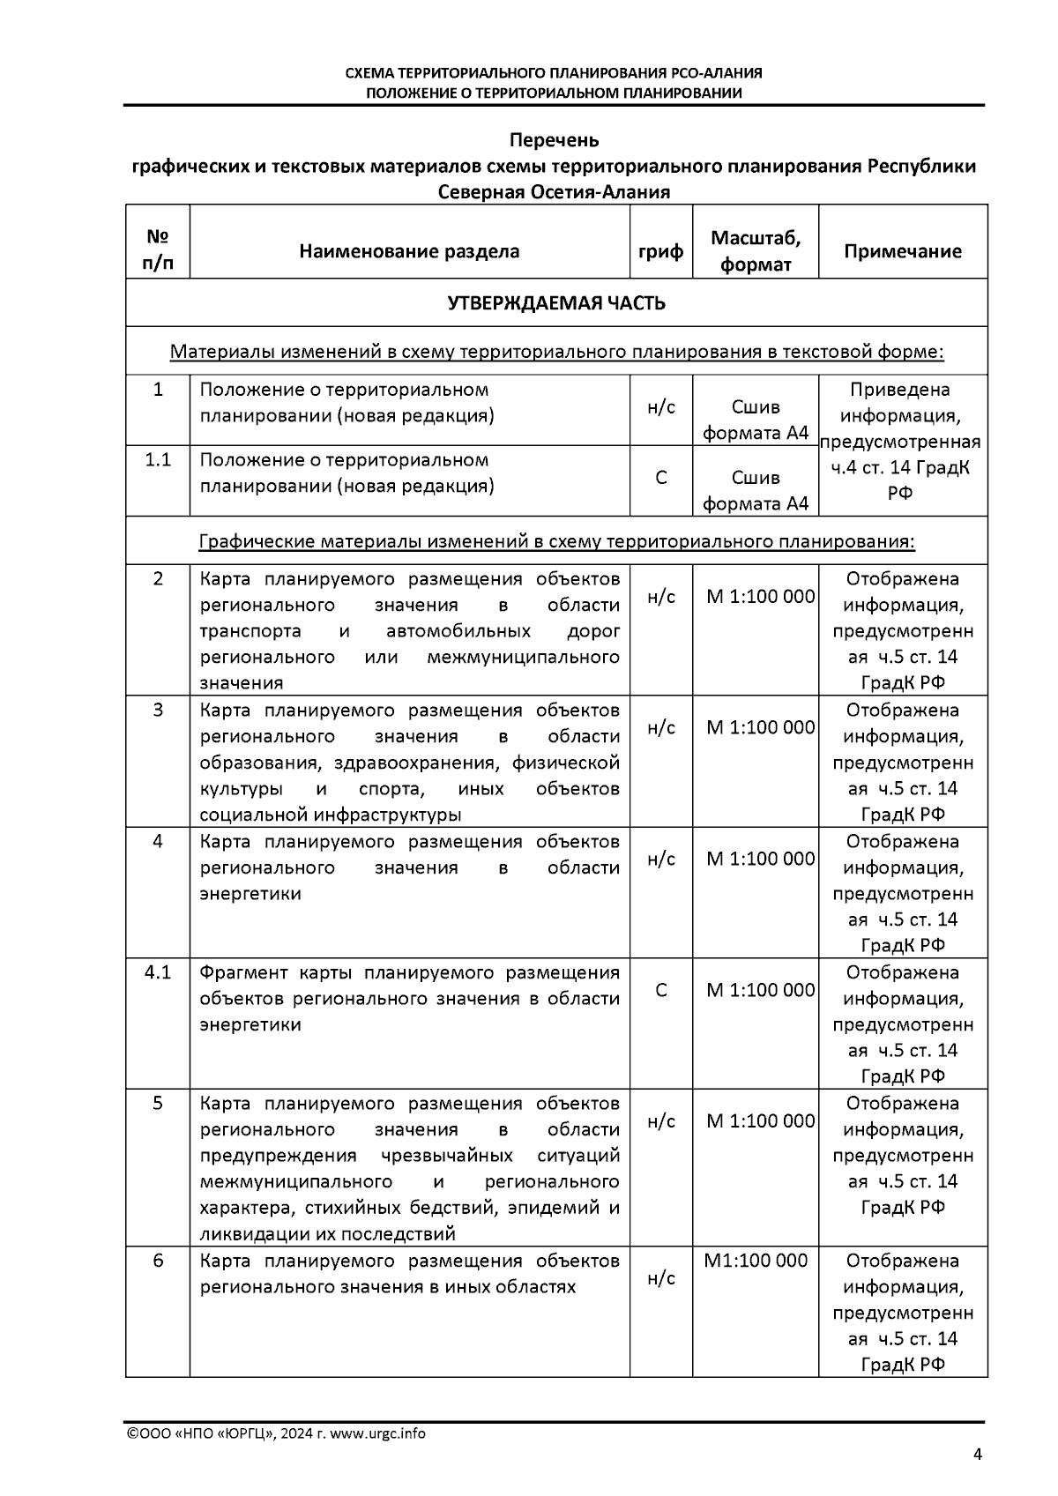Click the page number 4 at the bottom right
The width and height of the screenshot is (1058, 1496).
[977, 1455]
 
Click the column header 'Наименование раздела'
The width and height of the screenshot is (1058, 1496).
[409, 251]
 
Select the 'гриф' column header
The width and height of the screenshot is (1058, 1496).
[660, 251]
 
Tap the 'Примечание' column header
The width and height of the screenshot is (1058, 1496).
[902, 251]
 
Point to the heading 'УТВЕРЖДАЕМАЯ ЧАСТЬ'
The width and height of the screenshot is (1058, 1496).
[556, 303]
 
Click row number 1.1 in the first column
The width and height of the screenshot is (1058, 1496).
[158, 459]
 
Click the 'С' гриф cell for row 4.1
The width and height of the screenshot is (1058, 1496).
[660, 990]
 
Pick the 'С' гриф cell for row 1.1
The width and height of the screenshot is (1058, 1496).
[660, 478]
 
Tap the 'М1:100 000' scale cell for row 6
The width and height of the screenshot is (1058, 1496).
[756, 1261]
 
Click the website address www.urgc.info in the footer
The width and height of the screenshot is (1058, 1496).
[377, 1433]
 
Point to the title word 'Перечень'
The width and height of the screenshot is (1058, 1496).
[555, 140]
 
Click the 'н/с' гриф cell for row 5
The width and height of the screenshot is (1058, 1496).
[660, 1121]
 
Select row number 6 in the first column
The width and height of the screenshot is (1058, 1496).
[158, 1261]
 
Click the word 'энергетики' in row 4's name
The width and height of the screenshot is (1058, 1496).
[250, 894]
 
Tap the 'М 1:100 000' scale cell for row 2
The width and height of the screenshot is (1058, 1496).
[760, 597]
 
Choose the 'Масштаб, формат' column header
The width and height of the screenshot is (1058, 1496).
[756, 251]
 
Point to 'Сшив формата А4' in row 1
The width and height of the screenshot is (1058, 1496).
[756, 420]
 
